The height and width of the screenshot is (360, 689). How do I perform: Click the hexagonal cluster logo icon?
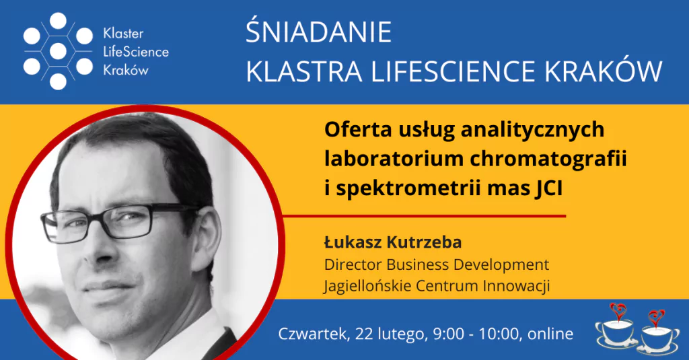pos(58,51)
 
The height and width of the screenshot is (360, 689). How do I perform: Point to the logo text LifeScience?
pos(136,52)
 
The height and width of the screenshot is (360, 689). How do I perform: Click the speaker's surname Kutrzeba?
pos(424,242)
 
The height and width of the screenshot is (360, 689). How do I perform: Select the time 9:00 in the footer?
pos(448,334)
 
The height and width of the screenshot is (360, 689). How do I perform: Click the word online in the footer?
pos(550,334)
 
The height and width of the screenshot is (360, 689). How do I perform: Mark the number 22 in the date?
pos(364,334)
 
